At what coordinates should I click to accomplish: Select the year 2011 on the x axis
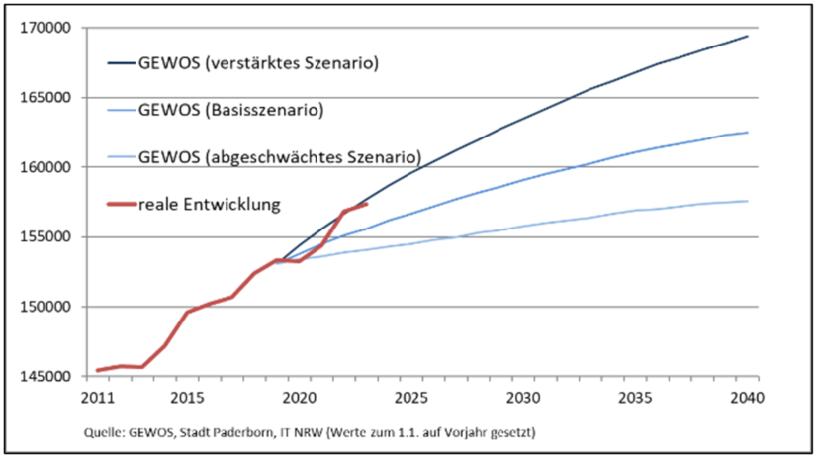(97, 398)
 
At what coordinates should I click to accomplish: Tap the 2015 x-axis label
(187, 398)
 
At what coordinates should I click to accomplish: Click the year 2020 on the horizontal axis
(299, 398)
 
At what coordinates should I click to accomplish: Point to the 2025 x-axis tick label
(410, 398)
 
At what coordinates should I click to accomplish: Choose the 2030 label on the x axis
(523, 398)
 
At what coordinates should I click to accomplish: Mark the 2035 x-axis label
(635, 398)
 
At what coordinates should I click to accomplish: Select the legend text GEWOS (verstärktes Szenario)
(259, 64)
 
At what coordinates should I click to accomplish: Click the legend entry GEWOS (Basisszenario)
(231, 110)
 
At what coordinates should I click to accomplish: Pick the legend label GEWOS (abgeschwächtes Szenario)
(280, 156)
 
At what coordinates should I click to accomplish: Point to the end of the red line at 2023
(367, 204)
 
